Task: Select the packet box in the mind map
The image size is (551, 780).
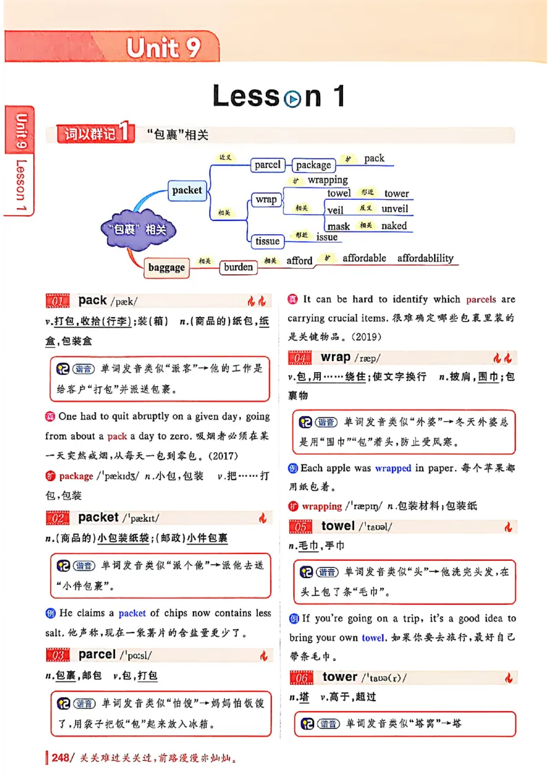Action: coord(187,190)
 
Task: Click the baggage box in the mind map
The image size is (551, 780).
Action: coord(167,267)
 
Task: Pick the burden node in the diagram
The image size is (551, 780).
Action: coord(238,267)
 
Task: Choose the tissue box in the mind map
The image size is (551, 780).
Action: coord(267,241)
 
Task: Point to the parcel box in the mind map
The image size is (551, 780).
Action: coord(267,165)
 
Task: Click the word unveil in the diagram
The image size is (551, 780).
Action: coord(395,209)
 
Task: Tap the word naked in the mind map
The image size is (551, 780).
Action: coord(394,225)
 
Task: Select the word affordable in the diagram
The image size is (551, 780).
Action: coord(364,258)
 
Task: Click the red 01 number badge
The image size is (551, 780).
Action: coord(58,301)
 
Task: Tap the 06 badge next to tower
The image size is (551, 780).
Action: coord(302,678)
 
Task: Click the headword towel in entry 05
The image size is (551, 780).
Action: coord(338,526)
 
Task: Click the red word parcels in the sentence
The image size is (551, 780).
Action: coord(481,300)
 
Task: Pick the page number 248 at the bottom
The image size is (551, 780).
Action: coord(61,759)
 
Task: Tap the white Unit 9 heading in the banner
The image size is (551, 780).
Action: coord(163,48)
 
